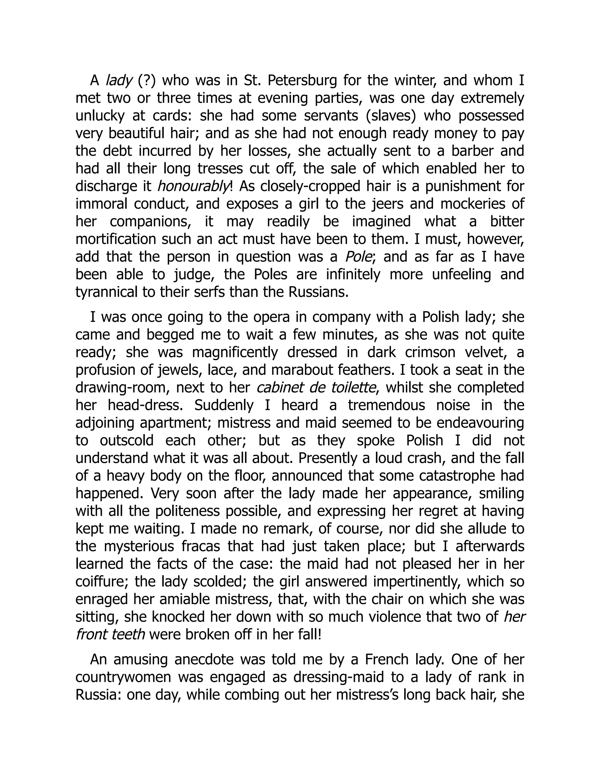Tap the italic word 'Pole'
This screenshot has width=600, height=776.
[x=359, y=257]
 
